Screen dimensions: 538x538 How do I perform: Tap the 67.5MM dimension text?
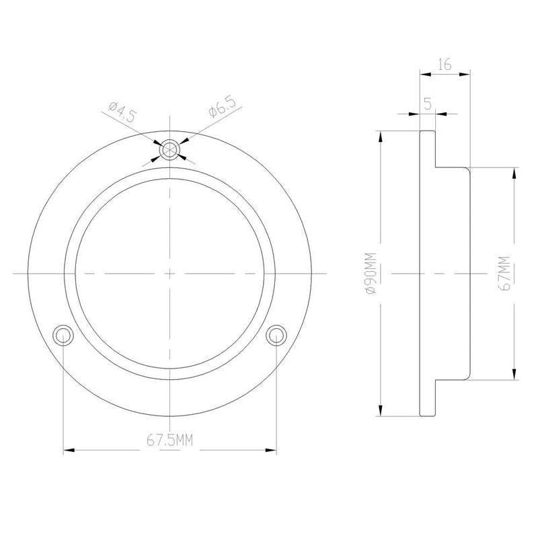point(169,440)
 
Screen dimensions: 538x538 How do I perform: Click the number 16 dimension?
point(444,64)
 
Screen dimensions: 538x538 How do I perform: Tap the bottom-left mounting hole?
point(63,334)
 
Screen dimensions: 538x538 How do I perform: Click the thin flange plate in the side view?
point(427,273)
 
